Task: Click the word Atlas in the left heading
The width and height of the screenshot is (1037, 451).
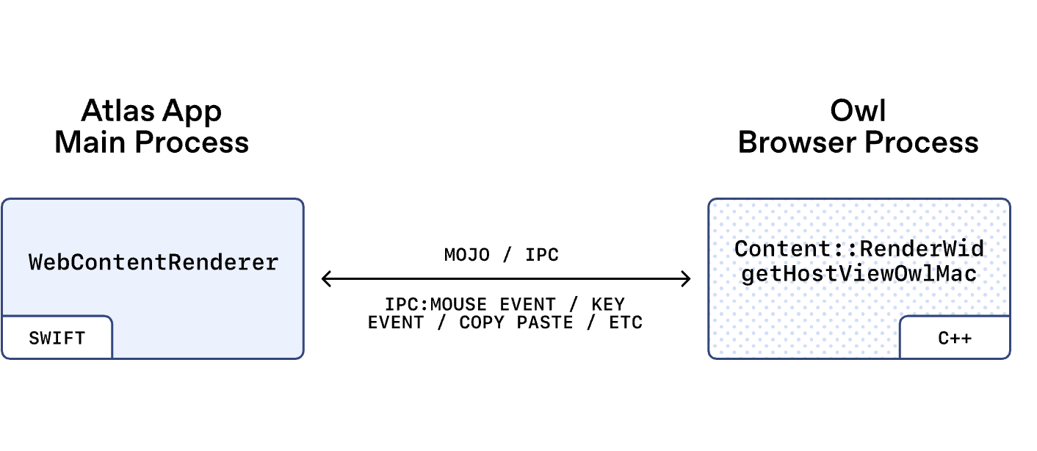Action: [x=120, y=111]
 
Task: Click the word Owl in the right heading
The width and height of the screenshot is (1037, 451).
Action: [x=858, y=111]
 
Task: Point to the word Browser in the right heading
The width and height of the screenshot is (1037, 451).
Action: [x=790, y=142]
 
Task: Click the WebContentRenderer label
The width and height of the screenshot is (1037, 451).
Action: [x=153, y=262]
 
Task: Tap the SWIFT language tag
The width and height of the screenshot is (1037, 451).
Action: [x=57, y=339]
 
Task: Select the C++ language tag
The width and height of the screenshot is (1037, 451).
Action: [x=955, y=339]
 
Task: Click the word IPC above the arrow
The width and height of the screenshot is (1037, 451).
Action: [x=542, y=256]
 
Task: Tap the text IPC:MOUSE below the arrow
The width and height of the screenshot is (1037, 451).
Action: [x=436, y=304]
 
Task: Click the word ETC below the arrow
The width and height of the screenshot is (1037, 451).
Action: [x=626, y=322]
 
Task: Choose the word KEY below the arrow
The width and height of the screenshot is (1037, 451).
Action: [x=607, y=304]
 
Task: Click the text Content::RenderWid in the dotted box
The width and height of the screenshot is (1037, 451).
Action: [x=859, y=248]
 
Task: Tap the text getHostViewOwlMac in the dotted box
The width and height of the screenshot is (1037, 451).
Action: [x=859, y=274]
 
